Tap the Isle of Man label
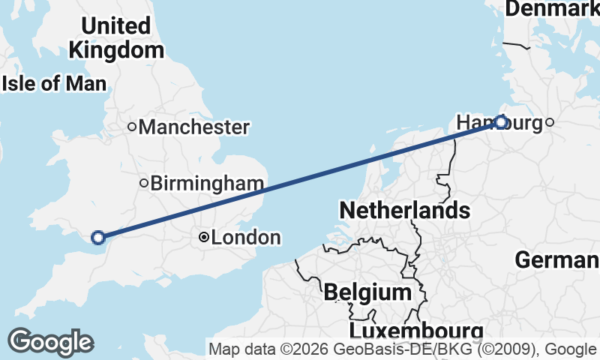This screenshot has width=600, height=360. coord(54,83)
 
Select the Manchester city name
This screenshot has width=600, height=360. coord(193,127)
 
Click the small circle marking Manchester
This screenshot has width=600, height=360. coord(132,127)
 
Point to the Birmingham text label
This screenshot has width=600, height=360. coord(207,183)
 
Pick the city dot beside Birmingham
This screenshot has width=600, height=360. coord(143,183)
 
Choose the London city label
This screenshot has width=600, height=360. coord(246,238)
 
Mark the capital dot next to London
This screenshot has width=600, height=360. coord(203,238)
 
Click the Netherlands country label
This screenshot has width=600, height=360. coord(404,210)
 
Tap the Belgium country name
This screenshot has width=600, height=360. coord(367,292)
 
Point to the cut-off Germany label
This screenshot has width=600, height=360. coord(556,260)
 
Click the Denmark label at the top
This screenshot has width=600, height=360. coord(553,9)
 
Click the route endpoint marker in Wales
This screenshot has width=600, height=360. coord(97,238)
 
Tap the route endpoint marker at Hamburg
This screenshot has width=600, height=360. coord(501,122)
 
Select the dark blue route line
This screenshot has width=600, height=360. coord(300,180)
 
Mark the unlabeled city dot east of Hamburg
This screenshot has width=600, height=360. coord(550,122)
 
